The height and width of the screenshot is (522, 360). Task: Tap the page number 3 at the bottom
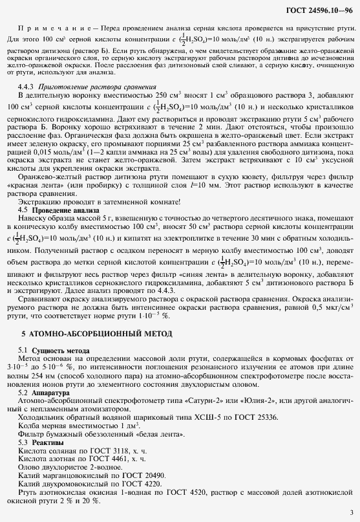[x=350, y=512]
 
